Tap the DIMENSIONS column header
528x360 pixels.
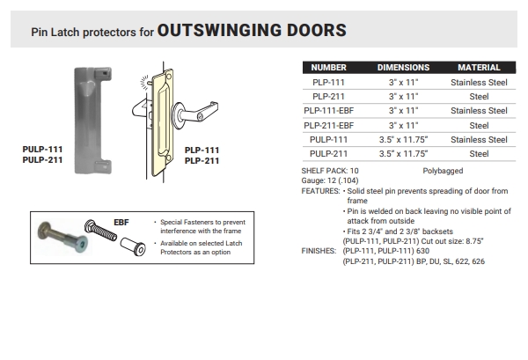click(x=403, y=68)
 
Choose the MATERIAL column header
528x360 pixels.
click(x=479, y=68)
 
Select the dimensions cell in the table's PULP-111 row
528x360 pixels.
click(x=403, y=139)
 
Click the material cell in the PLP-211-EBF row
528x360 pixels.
click(x=479, y=125)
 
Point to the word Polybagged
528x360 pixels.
click(x=444, y=170)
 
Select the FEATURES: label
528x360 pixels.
click(x=319, y=190)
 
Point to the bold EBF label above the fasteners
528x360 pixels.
click(x=122, y=222)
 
